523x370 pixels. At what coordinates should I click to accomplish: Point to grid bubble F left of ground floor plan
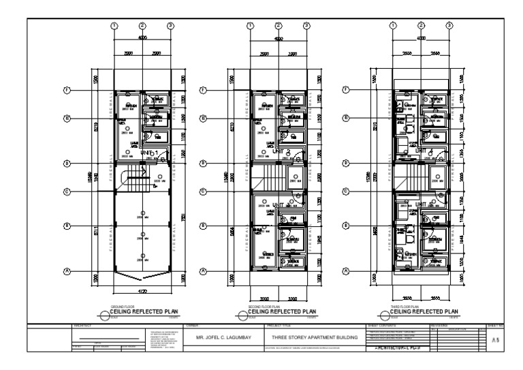point(67,90)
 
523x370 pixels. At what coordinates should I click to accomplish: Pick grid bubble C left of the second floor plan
point(202,191)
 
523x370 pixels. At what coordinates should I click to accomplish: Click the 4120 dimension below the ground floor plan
point(142,292)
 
